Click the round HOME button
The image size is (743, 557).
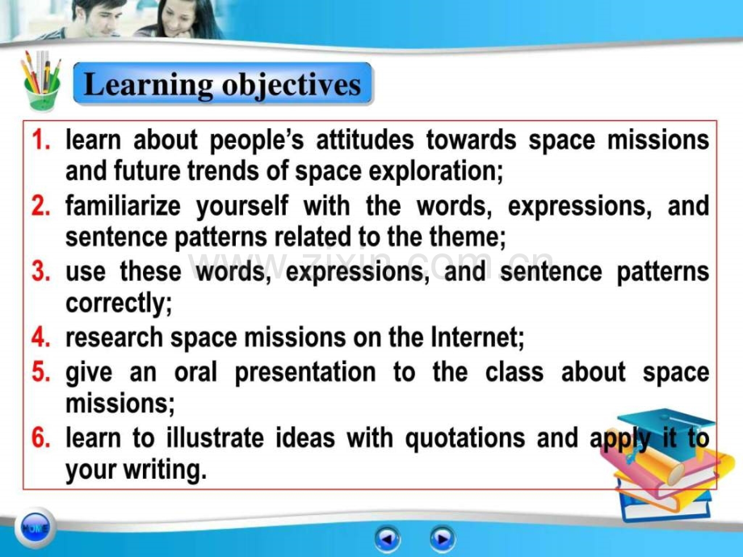coord(35,528)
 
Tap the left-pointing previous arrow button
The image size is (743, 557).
coord(387,539)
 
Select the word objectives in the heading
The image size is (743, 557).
coord(291,86)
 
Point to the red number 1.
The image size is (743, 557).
coord(40,140)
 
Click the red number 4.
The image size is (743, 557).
coord(40,337)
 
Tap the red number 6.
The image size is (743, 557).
coord(40,438)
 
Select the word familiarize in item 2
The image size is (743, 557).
coord(123,206)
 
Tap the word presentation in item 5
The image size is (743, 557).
coord(305,372)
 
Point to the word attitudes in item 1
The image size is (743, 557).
coord(365,140)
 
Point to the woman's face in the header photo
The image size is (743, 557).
coord(176,18)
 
